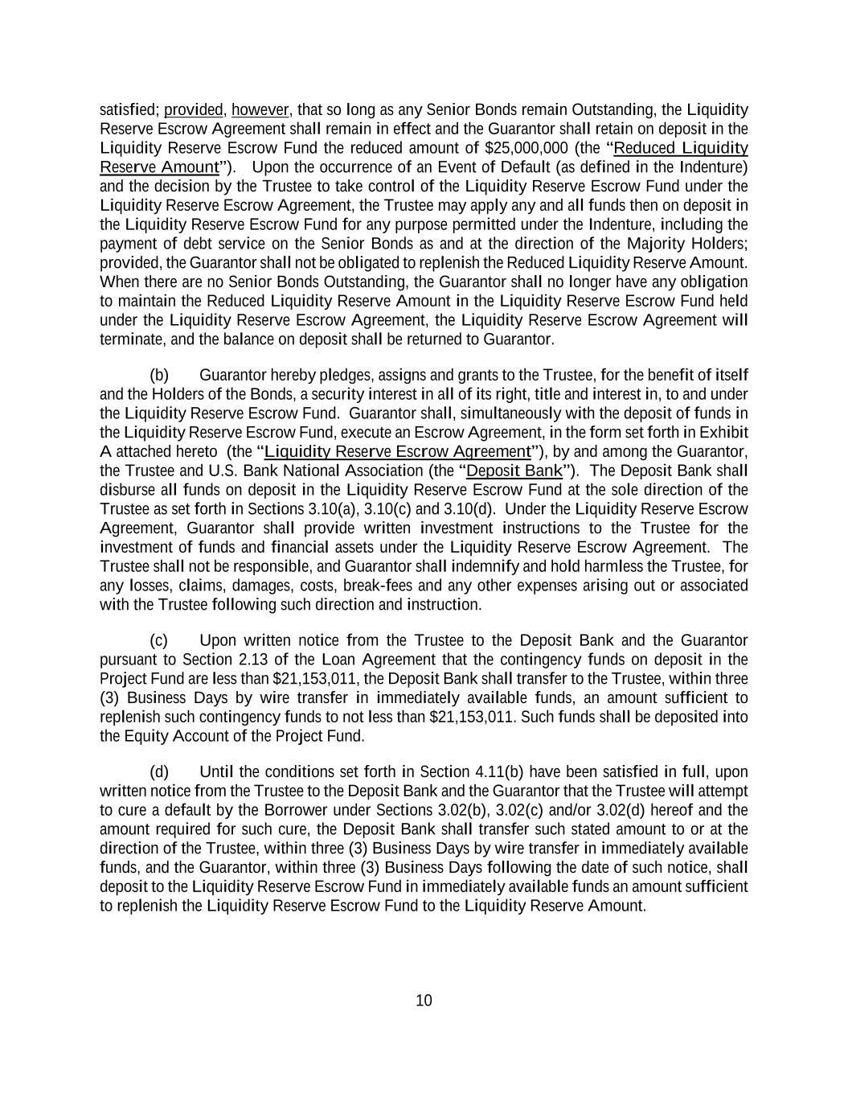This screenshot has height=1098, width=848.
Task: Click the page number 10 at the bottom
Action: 424,1001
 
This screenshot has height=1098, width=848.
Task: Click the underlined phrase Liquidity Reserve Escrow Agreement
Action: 398,451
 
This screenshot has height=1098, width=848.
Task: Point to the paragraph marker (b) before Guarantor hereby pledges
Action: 159,375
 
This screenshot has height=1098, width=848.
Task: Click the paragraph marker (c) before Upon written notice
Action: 159,640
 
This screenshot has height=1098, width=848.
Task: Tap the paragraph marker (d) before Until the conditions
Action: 159,772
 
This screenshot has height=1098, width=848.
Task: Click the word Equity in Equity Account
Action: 150,736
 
